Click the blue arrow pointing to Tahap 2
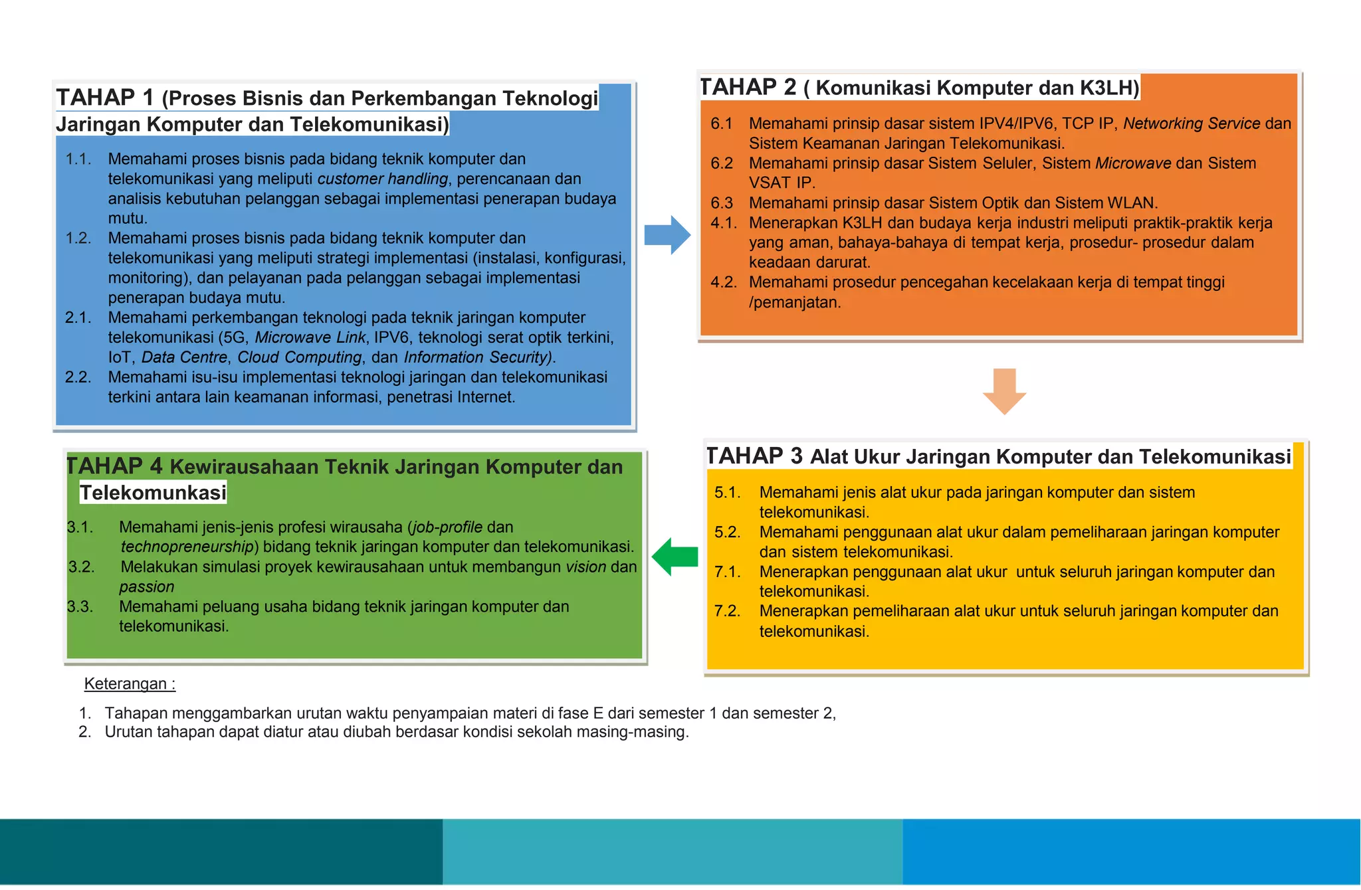tap(667, 235)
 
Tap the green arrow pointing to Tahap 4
tap(675, 557)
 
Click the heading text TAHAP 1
tap(105, 98)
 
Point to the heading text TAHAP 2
tap(748, 87)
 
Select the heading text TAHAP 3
tap(754, 456)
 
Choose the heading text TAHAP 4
tap(114, 466)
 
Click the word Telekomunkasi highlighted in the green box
tap(153, 493)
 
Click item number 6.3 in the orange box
tap(722, 203)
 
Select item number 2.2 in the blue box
tap(78, 377)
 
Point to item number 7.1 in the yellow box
tap(727, 572)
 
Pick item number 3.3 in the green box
tap(80, 607)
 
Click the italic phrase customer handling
tap(383, 179)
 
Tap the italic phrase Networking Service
tap(1192, 124)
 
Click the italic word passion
tap(147, 587)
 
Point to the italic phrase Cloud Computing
tap(300, 357)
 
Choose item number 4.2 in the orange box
tap(724, 282)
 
